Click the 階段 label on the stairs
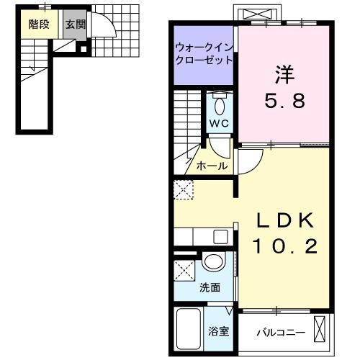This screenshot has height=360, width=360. pyautogui.click(x=38, y=24)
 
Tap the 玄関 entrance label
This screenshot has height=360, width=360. pyautogui.click(x=74, y=24)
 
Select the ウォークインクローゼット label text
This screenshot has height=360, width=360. pyautogui.click(x=202, y=55)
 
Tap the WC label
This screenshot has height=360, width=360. pyautogui.click(x=220, y=124)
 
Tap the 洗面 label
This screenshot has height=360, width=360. pyautogui.click(x=210, y=288)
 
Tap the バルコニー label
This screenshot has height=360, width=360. pyautogui.click(x=281, y=333)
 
